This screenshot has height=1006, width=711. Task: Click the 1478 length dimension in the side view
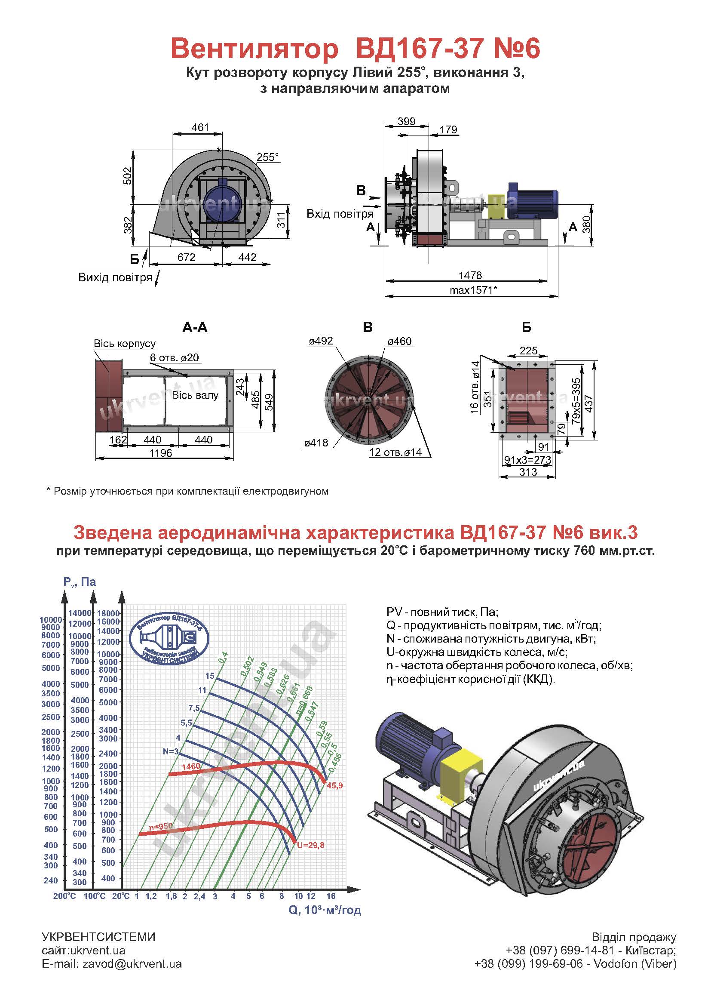470,275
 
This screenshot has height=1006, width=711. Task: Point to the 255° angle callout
267,157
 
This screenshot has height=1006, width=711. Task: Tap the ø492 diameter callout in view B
321,341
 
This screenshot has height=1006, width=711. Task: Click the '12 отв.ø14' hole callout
395,452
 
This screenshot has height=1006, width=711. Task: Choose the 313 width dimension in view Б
528,472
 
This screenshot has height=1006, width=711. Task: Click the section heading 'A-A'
195,327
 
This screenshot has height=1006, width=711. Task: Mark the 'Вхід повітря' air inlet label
340,214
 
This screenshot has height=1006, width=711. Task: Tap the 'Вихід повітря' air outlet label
115,277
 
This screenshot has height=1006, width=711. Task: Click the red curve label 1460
190,766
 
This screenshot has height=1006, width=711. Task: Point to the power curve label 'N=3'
171,751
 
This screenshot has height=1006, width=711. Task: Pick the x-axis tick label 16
331,896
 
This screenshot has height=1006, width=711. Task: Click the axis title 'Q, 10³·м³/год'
325,910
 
